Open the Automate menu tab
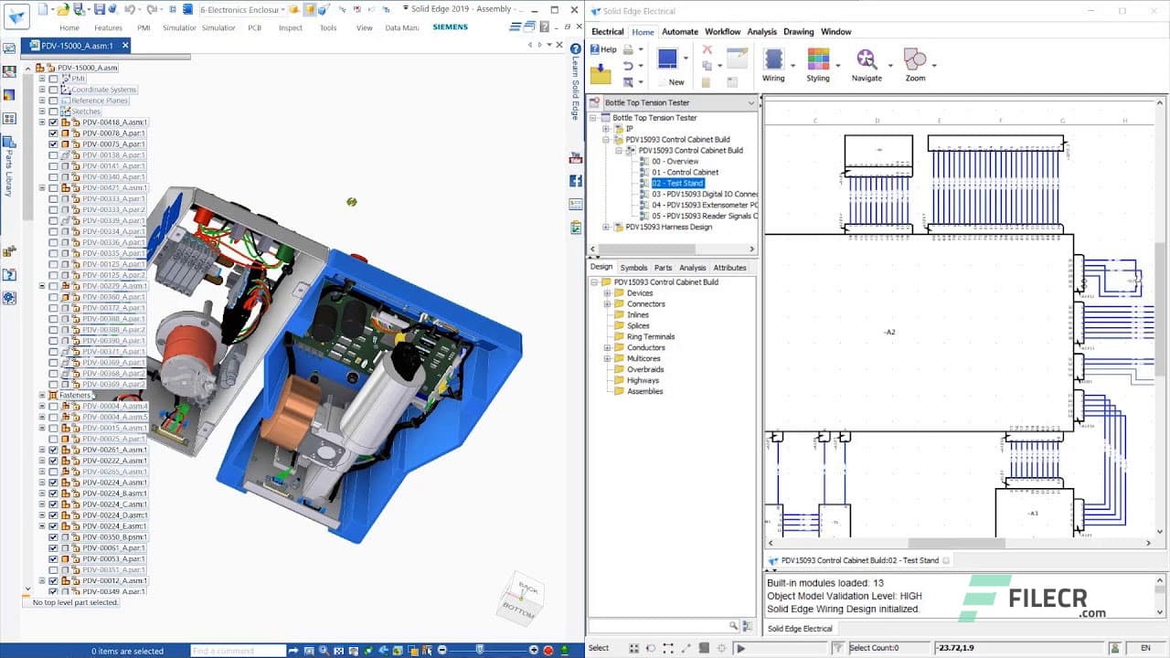pos(679,32)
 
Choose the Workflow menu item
pos(722,32)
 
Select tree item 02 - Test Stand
pos(677,183)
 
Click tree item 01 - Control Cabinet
pos(685,172)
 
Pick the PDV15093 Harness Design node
pos(669,227)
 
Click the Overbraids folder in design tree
pos(645,369)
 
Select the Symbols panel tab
pos(633,268)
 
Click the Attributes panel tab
pos(729,268)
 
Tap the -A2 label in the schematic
pos(889,332)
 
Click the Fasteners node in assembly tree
pos(75,395)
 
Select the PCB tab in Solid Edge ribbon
pos(255,28)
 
